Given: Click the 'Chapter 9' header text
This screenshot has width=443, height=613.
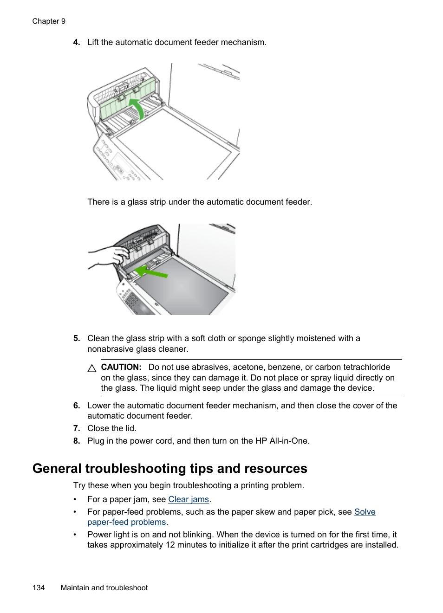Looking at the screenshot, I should point(49,21).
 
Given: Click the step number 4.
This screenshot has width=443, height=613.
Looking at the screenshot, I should point(76,42).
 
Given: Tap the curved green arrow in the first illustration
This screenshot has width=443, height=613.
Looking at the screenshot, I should point(137,108).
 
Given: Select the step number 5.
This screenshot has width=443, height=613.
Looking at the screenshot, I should point(76,338).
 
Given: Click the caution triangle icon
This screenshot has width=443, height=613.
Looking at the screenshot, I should point(92,368).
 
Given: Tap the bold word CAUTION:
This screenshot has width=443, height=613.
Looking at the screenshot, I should point(121,367).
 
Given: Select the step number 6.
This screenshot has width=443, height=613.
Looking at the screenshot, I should point(76,406).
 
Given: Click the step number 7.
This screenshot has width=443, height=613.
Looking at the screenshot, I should point(76,428).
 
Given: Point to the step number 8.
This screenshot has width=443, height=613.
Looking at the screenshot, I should point(76,441).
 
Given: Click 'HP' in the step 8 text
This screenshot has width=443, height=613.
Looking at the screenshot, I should point(261,441).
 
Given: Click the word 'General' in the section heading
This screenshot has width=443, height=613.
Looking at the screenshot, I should point(57,469).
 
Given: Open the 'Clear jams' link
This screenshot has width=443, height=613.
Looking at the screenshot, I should point(189,499).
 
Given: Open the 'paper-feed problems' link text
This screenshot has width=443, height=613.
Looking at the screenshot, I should point(126,522).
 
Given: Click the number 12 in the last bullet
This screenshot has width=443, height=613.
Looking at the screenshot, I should point(170,545).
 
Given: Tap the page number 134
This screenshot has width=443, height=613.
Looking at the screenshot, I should point(39,588).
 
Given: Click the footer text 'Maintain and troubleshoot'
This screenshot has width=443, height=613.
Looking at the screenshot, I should point(104,588).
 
